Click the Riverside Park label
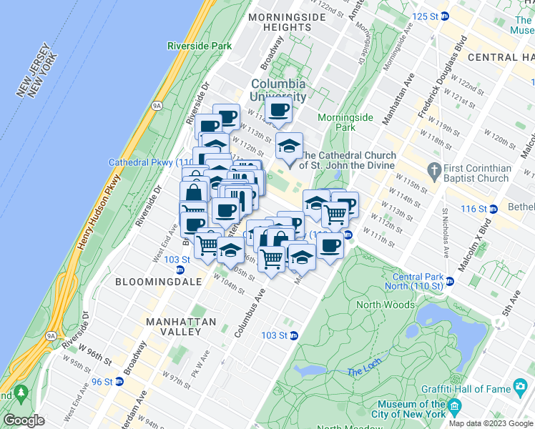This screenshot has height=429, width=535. [200, 46]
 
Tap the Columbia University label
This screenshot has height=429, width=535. [278, 90]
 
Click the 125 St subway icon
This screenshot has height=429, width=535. [445, 16]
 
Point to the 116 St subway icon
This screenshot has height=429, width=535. [493, 209]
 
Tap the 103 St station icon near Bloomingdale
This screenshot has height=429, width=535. [180, 270]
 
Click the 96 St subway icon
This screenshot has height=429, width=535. [119, 381]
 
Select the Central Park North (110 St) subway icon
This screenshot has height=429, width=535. [451, 281]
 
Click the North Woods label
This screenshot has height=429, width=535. [386, 305]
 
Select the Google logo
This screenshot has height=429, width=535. [24, 420]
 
